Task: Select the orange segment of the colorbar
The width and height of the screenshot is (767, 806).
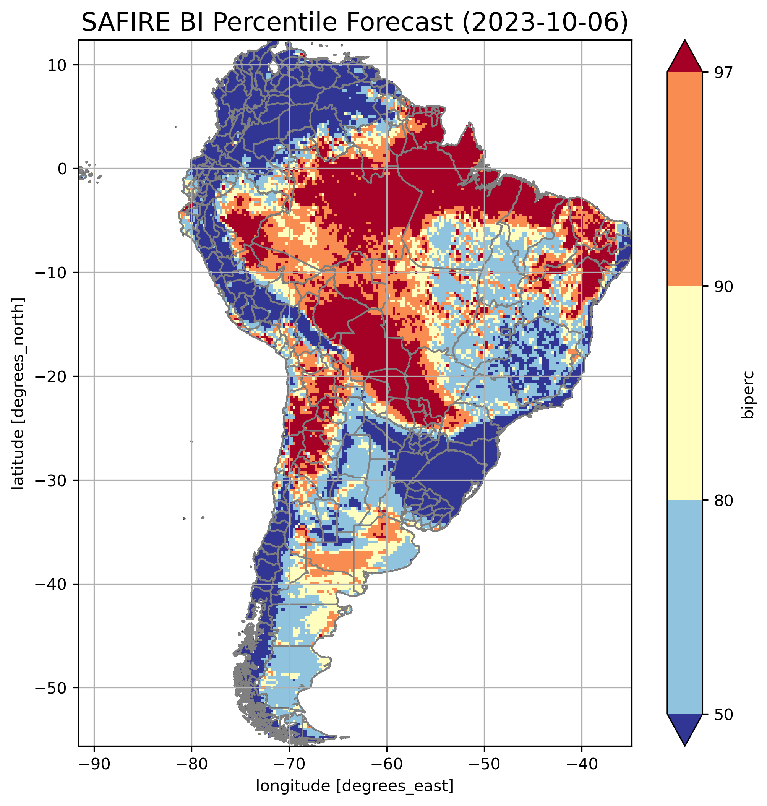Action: [684, 179]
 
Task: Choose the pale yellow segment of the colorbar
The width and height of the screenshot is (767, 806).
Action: [684, 393]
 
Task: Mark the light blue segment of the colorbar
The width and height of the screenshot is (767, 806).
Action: [684, 607]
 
